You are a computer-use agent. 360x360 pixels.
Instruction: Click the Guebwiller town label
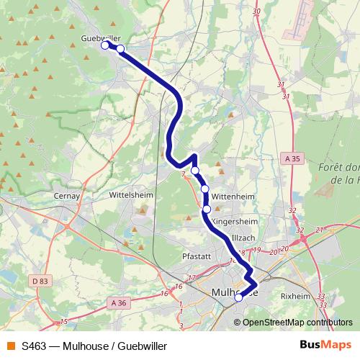coord(102,37)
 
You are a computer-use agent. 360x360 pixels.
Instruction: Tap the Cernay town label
coord(66,194)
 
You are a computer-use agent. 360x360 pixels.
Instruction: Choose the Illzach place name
coord(243,238)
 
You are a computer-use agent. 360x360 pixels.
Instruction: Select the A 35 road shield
coord(292,158)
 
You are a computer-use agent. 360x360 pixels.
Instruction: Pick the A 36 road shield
coord(119,303)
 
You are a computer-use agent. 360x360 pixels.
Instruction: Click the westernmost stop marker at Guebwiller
coord(105,45)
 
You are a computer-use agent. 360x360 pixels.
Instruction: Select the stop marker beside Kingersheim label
coord(207,210)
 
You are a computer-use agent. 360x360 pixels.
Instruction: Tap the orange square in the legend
coord(11,346)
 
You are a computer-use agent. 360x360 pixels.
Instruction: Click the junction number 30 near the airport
coord(257,12)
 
